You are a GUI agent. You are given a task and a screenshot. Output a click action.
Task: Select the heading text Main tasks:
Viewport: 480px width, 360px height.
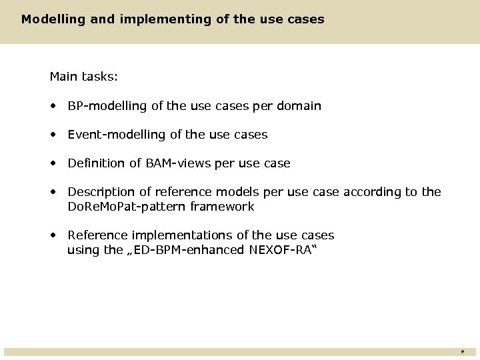[84, 77]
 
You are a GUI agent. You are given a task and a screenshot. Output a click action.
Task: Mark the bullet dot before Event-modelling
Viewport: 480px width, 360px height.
[53, 135]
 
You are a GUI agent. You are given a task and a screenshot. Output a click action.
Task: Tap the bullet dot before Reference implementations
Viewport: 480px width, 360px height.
[53, 235]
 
